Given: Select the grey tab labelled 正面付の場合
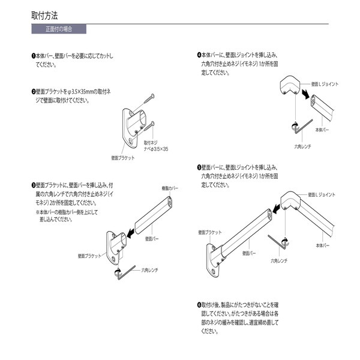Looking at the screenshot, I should (x=59, y=29).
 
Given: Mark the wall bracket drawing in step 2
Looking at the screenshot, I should (x=137, y=124).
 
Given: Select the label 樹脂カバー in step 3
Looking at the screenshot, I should (x=170, y=188).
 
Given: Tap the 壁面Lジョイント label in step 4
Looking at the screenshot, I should (x=328, y=85).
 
